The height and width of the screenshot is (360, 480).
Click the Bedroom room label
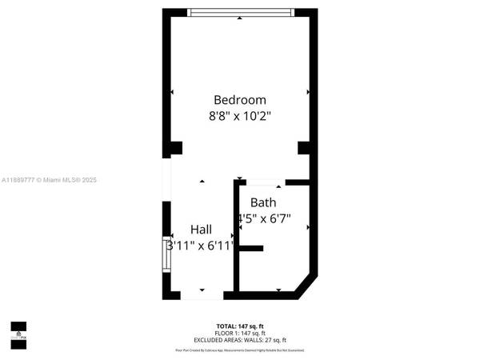pyautogui.click(x=239, y=100)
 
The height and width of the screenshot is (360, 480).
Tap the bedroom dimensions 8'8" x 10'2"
pyautogui.click(x=239, y=116)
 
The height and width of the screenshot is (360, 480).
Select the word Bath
pyautogui.click(x=263, y=202)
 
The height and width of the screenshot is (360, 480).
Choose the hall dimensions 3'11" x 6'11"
pyautogui.click(x=200, y=246)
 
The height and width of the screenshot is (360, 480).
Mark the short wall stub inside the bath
pyautogui.click(x=250, y=249)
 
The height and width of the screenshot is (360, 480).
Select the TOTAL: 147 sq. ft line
pyautogui.click(x=240, y=325)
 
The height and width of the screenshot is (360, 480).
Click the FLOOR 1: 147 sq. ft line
pyautogui.click(x=240, y=331)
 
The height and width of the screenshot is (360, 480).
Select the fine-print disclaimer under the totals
pyautogui.click(x=240, y=350)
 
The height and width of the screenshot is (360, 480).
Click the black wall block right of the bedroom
pyautogui.click(x=303, y=147)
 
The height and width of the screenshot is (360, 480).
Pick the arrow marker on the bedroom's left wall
pyautogui.click(x=172, y=92)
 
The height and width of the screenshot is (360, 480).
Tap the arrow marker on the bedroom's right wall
pyautogui.click(x=308, y=92)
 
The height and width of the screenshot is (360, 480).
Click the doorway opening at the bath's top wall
pyautogui.click(x=261, y=182)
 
